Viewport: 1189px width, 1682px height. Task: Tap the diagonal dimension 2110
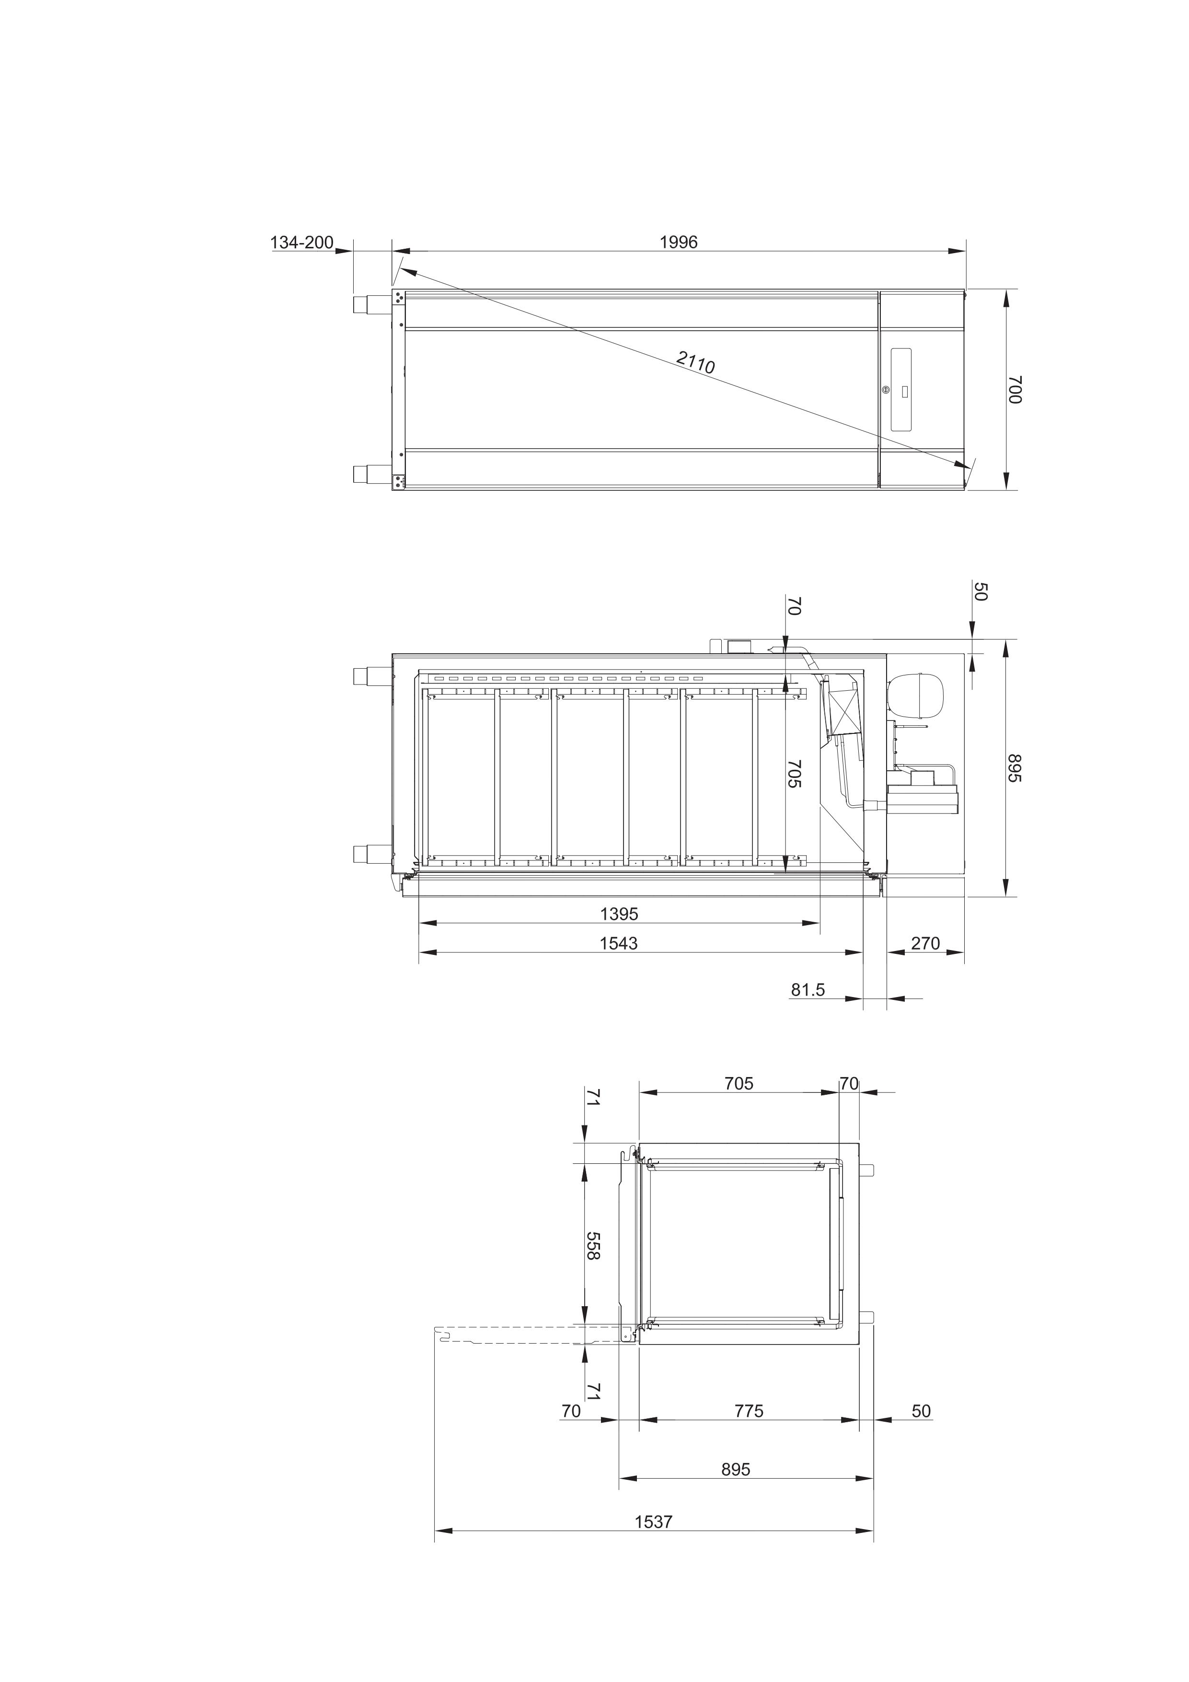click(x=695, y=362)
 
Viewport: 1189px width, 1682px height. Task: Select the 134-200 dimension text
click(x=302, y=243)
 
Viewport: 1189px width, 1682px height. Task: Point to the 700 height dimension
click(x=1015, y=389)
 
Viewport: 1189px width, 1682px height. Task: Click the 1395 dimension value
click(x=619, y=914)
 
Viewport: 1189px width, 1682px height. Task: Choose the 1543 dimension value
click(x=619, y=943)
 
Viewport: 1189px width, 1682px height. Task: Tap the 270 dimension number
click(x=925, y=943)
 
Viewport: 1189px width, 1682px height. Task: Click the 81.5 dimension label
click(x=808, y=990)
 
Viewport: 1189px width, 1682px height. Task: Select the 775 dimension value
click(x=749, y=1411)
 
